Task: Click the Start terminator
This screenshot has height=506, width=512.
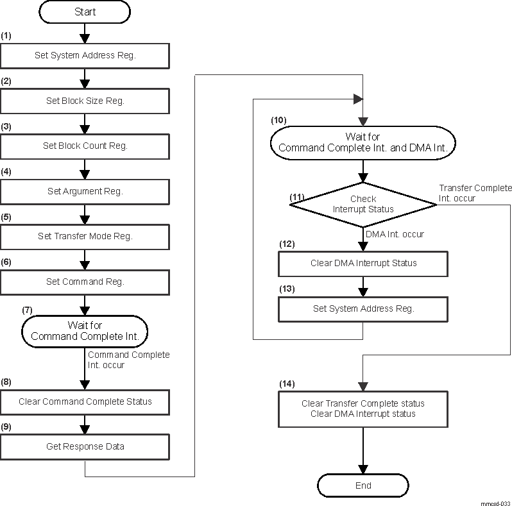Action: [85, 12]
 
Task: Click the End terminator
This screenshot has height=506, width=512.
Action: [363, 485]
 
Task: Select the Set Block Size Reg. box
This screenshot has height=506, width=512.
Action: [85, 101]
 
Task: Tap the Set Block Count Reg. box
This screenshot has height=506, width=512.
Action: [85, 146]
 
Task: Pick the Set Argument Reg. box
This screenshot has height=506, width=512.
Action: [85, 190]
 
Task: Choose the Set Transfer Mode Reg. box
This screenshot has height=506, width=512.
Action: [85, 236]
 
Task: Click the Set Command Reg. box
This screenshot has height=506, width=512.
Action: [85, 281]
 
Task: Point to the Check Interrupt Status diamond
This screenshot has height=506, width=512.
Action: [363, 204]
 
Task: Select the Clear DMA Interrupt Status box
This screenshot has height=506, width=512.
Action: [363, 263]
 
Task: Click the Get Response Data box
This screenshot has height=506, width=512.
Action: [85, 446]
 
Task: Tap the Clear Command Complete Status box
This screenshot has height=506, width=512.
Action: [85, 401]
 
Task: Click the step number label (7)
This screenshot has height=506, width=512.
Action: [28, 309]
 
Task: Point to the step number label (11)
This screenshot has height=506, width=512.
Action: [296, 196]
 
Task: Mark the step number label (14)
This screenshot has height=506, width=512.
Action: [287, 384]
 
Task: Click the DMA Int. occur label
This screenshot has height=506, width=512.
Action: [393, 235]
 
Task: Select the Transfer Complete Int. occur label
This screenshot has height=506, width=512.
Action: [475, 193]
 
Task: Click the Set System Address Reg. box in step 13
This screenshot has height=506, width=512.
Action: [363, 308]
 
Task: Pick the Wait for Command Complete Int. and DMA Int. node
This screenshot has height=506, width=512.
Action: [363, 142]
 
